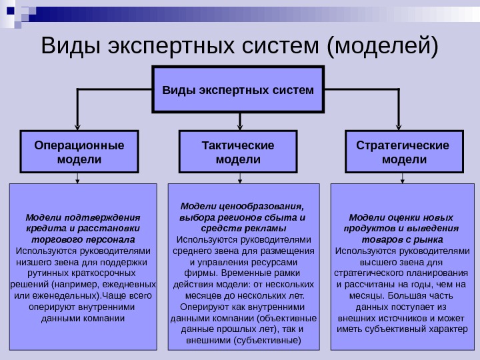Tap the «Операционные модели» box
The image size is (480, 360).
[79, 153]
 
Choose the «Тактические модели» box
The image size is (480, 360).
[238, 153]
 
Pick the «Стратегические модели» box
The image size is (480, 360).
[403, 153]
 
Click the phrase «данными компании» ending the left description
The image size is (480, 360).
[83, 318]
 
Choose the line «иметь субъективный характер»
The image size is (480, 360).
[403, 329]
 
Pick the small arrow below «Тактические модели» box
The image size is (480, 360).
[238, 179]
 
